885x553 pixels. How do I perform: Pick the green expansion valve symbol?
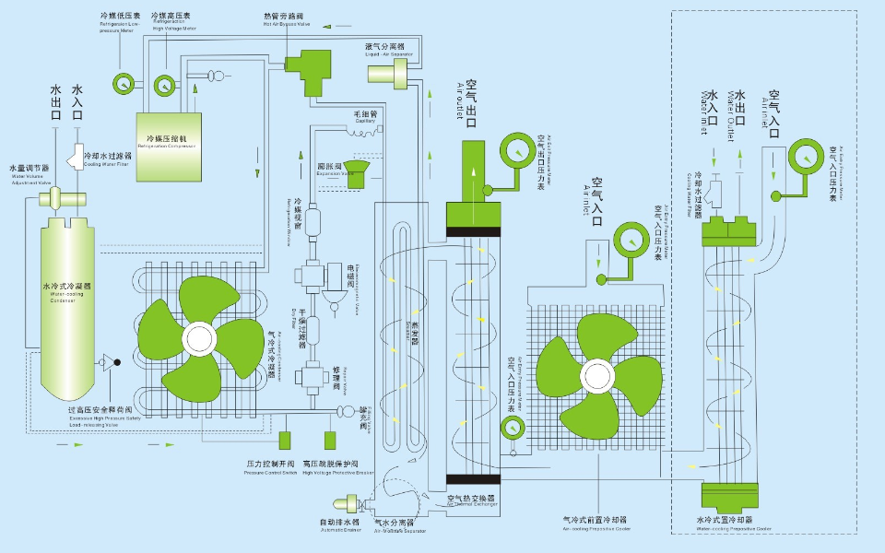click(x=357, y=167)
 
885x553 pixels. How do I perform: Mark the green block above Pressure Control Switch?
click(x=286, y=440)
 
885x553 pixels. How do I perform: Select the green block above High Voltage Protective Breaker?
click(x=330, y=440)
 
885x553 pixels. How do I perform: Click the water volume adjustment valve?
click(x=57, y=196)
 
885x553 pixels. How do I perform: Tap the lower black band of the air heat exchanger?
click(x=472, y=478)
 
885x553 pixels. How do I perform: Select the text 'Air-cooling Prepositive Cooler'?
click(x=597, y=529)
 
